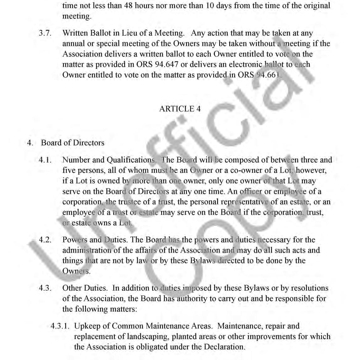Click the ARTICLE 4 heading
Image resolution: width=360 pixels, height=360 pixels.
[x=180, y=109]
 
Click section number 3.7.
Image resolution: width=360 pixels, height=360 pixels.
[x=45, y=33]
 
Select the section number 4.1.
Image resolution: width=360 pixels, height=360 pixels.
[x=45, y=160]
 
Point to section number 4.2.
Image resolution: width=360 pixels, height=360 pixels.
[x=45, y=240]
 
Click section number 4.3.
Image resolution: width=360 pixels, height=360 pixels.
[x=45, y=288]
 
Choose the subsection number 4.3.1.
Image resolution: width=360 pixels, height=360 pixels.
[x=60, y=326]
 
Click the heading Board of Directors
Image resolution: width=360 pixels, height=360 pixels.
[x=72, y=143]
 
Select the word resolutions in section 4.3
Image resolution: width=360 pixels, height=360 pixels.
[x=306, y=288]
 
